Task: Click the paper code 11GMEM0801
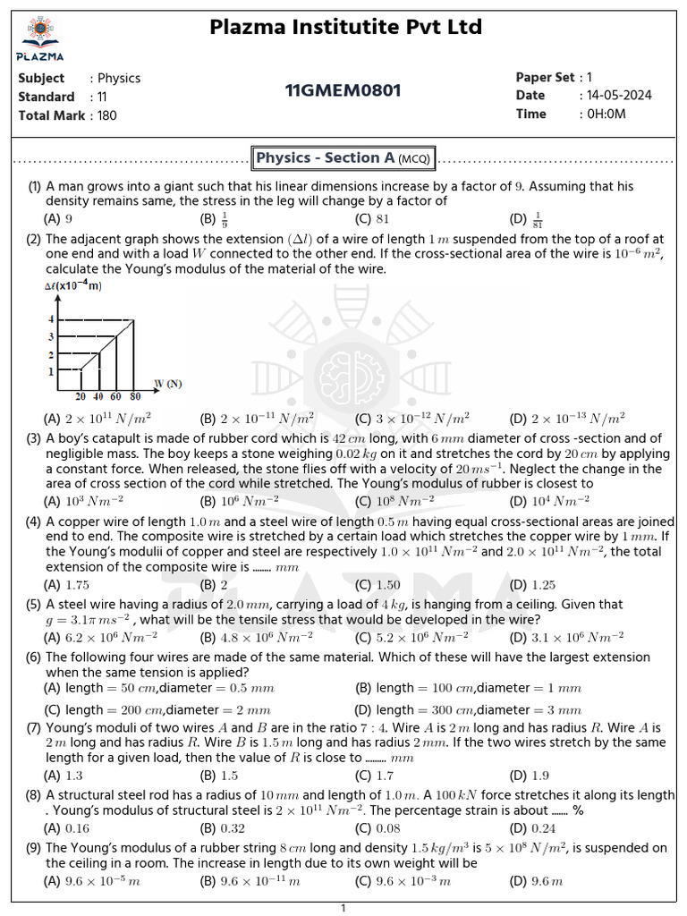[x=343, y=90]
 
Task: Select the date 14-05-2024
[x=619, y=96]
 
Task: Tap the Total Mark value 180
[x=106, y=114]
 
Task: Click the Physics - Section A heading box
[x=344, y=158]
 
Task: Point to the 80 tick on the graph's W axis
[x=135, y=396]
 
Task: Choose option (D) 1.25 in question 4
[x=535, y=585]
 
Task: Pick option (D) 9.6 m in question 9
[x=536, y=881]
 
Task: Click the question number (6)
[x=34, y=657]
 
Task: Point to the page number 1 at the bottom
[x=343, y=909]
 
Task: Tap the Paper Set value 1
[x=589, y=77]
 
